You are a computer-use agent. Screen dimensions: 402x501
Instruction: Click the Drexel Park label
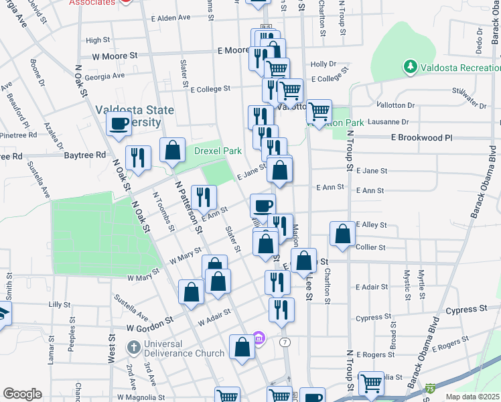pyautogui.click(x=218, y=151)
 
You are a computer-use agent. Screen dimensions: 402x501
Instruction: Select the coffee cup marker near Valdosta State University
pyautogui.click(x=119, y=123)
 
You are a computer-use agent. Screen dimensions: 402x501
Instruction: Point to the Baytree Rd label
pyautogui.click(x=85, y=155)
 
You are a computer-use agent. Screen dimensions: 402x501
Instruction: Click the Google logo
pyautogui.click(x=22, y=394)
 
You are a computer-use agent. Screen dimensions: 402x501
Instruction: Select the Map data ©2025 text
pyautogui.click(x=472, y=397)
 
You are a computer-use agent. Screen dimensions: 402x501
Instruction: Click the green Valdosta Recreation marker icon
pyautogui.click(x=409, y=67)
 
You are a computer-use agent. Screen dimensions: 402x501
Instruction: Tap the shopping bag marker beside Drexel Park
pyautogui.click(x=173, y=150)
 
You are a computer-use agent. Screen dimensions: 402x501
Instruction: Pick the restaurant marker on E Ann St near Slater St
pyautogui.click(x=204, y=197)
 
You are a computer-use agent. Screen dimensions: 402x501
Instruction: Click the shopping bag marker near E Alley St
pyautogui.click(x=342, y=234)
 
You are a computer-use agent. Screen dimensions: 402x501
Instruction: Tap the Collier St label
pyautogui.click(x=370, y=247)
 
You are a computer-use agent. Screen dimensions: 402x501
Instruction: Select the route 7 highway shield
pyautogui.click(x=285, y=342)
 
